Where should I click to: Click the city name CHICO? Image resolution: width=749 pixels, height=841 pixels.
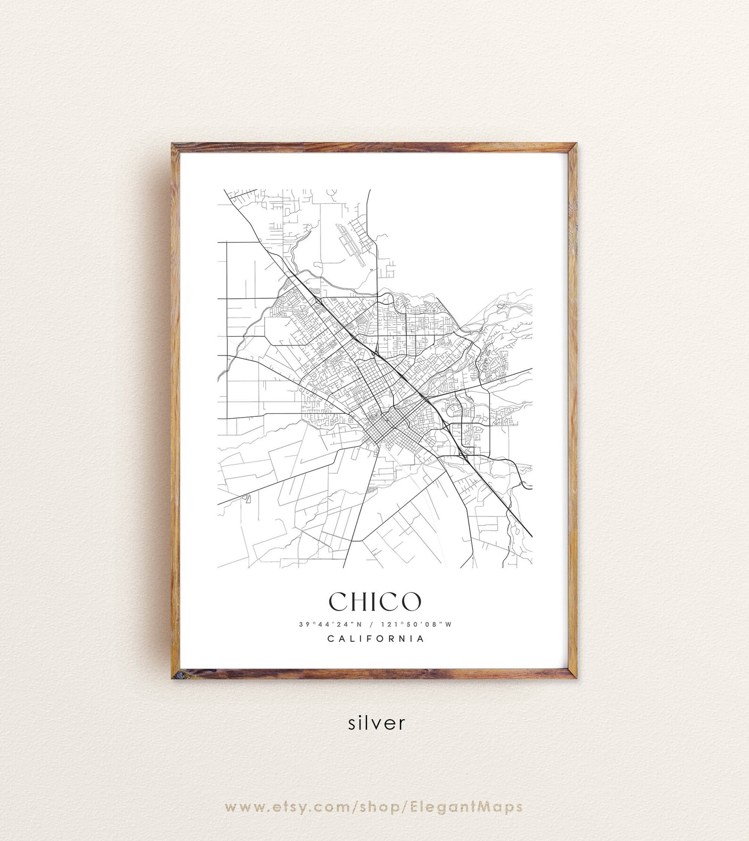[374, 600]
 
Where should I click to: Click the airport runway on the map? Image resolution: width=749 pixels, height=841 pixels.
[351, 245]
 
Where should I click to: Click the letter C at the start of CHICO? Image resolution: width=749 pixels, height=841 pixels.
[338, 600]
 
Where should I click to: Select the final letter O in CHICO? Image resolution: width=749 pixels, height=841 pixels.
[411, 600]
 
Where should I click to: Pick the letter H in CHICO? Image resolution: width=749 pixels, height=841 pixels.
[360, 600]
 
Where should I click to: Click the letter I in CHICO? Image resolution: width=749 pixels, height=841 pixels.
[376, 600]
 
